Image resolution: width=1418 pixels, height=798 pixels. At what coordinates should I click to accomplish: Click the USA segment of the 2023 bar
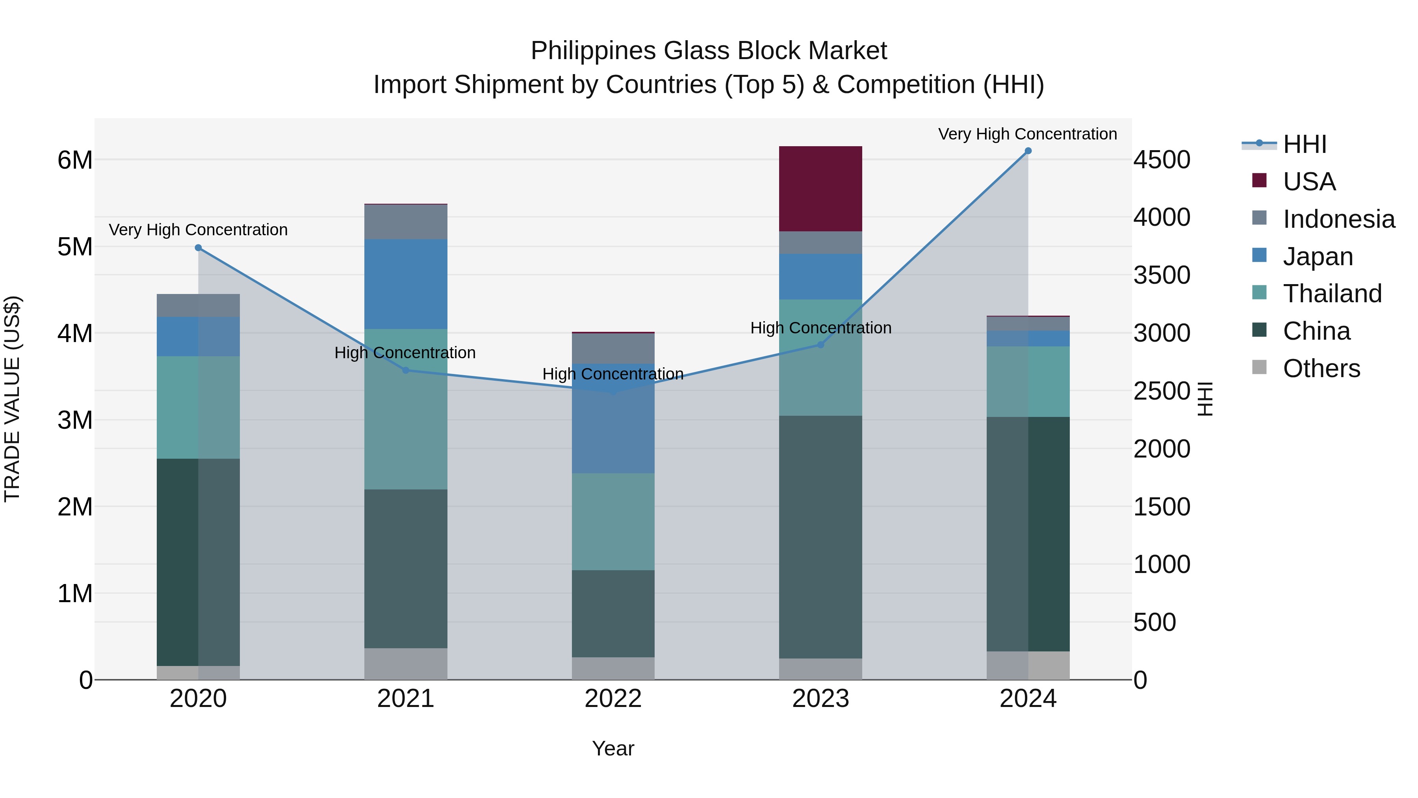pyautogui.click(x=820, y=188)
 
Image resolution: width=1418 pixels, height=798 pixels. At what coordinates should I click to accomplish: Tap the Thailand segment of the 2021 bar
pyautogui.click(x=405, y=409)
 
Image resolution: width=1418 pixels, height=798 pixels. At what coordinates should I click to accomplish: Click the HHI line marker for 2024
pyautogui.click(x=1028, y=151)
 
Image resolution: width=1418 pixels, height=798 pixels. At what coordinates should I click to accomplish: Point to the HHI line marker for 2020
pyautogui.click(x=198, y=248)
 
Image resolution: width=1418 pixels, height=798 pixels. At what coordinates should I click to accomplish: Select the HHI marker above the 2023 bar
pyautogui.click(x=820, y=345)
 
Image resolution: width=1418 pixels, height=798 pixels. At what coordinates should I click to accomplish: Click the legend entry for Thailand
pyautogui.click(x=1332, y=294)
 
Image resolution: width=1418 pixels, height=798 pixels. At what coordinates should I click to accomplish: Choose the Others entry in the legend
pyautogui.click(x=1321, y=368)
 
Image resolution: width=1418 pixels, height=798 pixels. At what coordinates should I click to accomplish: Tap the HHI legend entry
pyautogui.click(x=1305, y=144)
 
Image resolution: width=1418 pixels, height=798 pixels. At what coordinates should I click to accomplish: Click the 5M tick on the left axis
pyautogui.click(x=75, y=247)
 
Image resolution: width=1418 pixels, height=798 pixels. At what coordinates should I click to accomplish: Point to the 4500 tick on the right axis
pyautogui.click(x=1162, y=160)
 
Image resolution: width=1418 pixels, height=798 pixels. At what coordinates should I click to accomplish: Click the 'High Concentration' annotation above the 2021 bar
pyautogui.click(x=405, y=352)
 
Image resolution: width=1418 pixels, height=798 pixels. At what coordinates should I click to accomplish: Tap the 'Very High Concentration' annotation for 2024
pyautogui.click(x=1027, y=134)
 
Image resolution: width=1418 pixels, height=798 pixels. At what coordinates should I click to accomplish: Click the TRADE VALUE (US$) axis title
pyautogui.click(x=12, y=399)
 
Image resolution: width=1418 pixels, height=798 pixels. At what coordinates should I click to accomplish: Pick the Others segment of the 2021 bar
pyautogui.click(x=405, y=663)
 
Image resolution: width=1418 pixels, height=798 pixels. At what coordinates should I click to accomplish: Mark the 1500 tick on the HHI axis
pyautogui.click(x=1162, y=507)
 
